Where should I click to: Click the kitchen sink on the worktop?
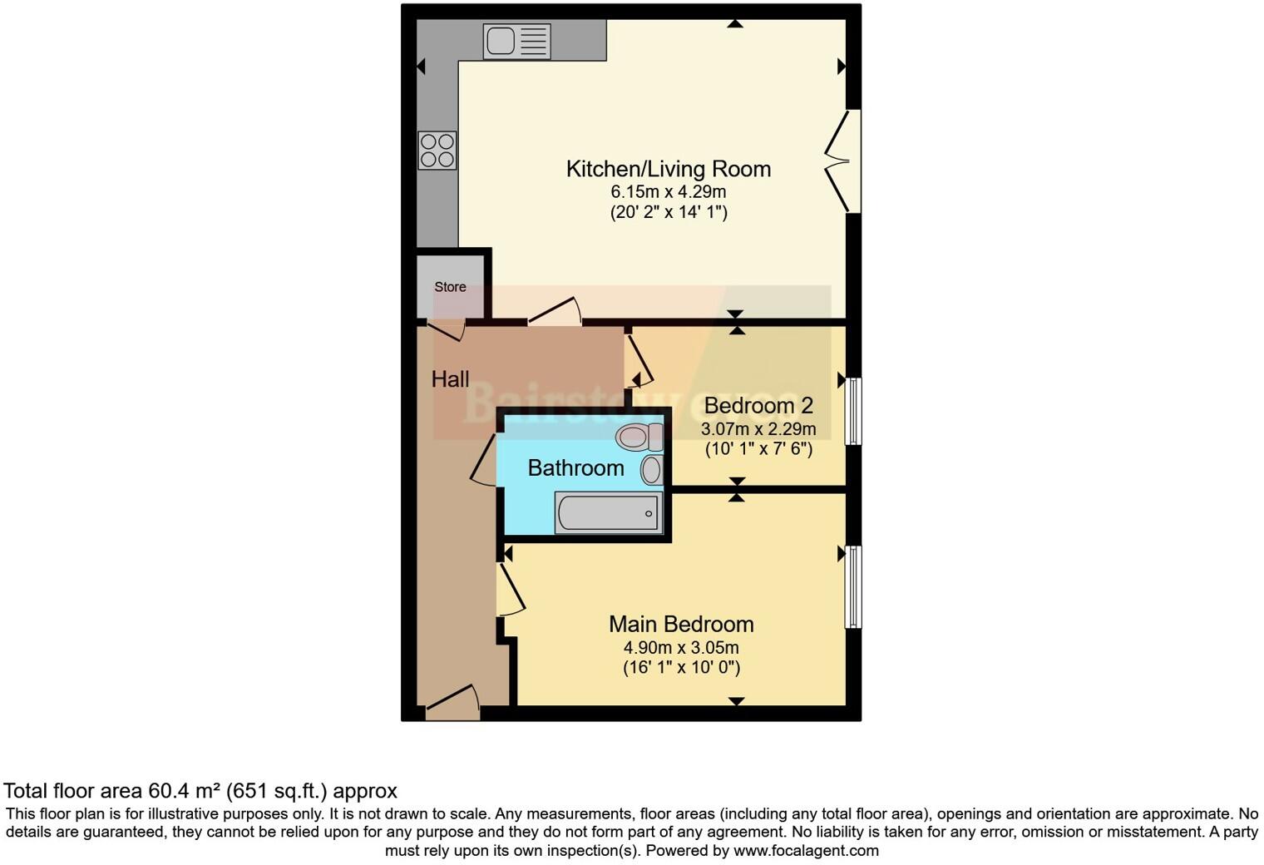(x=516, y=41)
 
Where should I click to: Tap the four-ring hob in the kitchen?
(x=437, y=151)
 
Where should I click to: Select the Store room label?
(x=450, y=287)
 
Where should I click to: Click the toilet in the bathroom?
(x=639, y=436)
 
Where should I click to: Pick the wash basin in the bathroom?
(x=651, y=470)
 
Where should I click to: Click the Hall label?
(x=450, y=379)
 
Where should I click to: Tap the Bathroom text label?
(x=575, y=468)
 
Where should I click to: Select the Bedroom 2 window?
(x=853, y=411)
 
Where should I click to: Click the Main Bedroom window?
(x=853, y=586)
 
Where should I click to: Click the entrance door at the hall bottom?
(x=453, y=704)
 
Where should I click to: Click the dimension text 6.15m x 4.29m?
(x=668, y=191)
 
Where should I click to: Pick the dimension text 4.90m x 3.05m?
(x=681, y=647)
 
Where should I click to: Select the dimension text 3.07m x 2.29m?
(x=758, y=429)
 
